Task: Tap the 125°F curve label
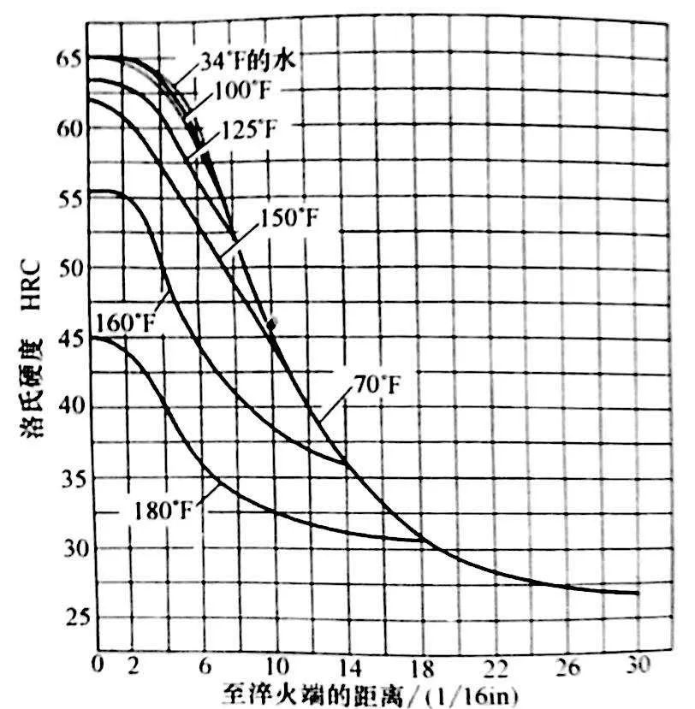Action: (248, 130)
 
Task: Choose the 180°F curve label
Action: (165, 511)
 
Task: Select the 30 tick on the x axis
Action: (639, 664)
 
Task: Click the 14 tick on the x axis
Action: (346, 664)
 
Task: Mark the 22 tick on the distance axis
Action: (493, 664)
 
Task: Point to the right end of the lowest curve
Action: (638, 593)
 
